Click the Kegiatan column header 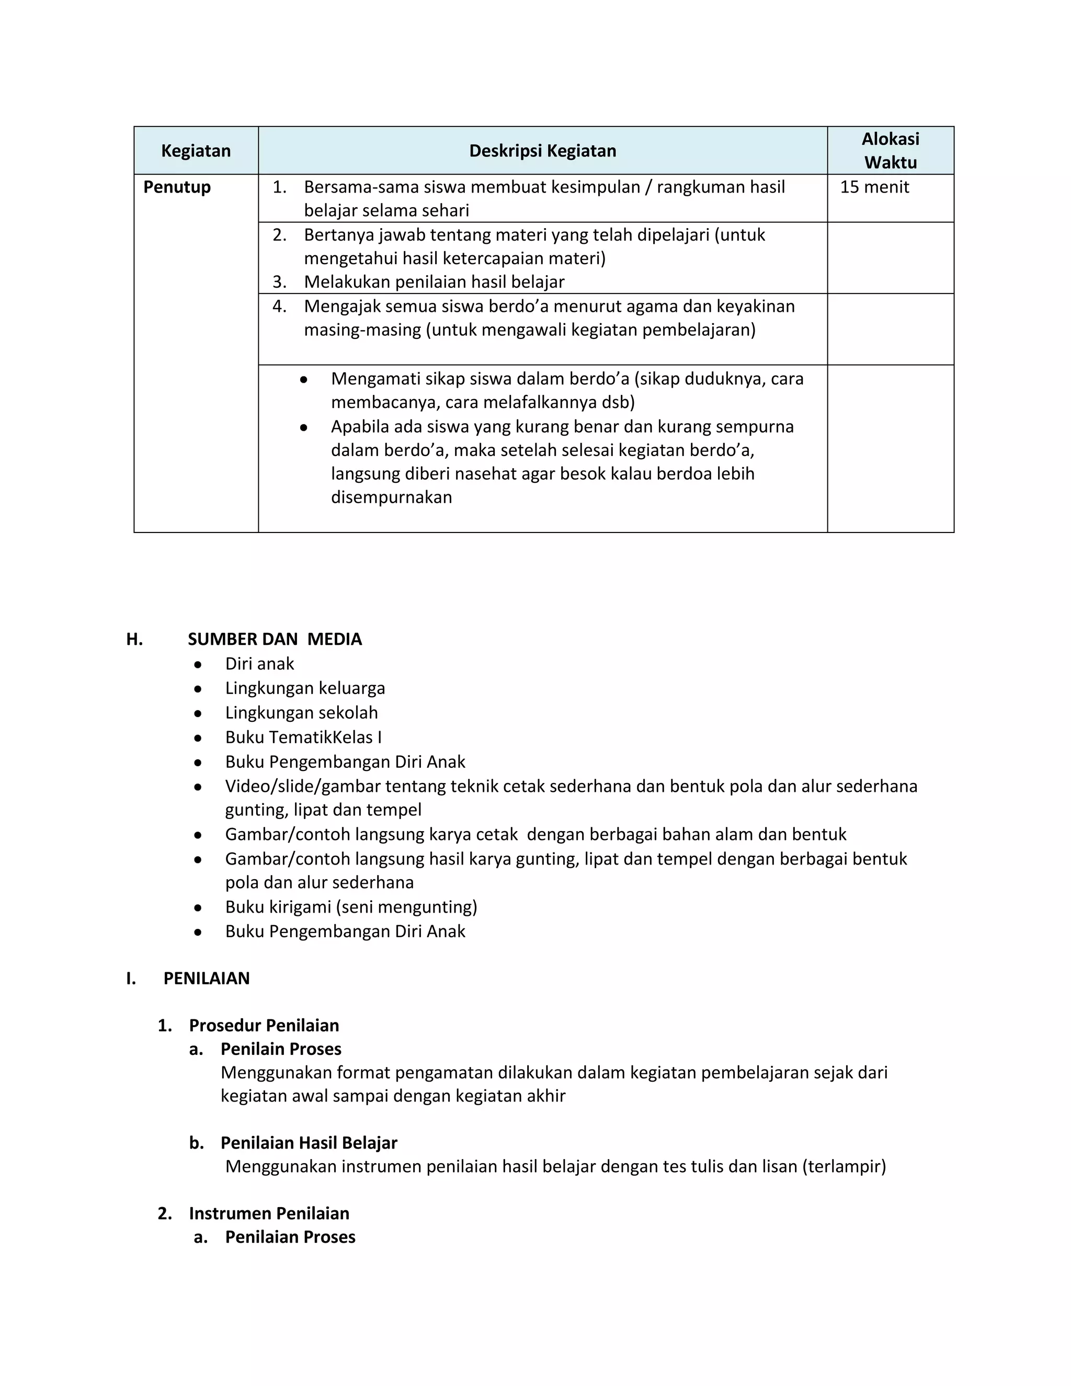coord(196,151)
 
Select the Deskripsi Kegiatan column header coord(542,151)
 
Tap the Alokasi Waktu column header coord(890,151)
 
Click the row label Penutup coord(177,187)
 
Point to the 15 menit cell coord(874,187)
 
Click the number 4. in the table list coord(279,306)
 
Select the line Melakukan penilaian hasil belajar coord(434,282)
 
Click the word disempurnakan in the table coord(392,497)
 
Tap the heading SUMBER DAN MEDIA coord(275,639)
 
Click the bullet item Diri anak coord(259,664)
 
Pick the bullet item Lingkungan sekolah coord(301,713)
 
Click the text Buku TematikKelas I coord(303,737)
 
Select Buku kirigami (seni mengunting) coord(351,907)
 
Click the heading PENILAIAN coord(206,978)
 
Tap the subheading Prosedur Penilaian coord(264,1026)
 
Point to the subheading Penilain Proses coord(281,1049)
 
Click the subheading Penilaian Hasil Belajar coord(309,1143)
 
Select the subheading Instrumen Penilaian coord(269,1213)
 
